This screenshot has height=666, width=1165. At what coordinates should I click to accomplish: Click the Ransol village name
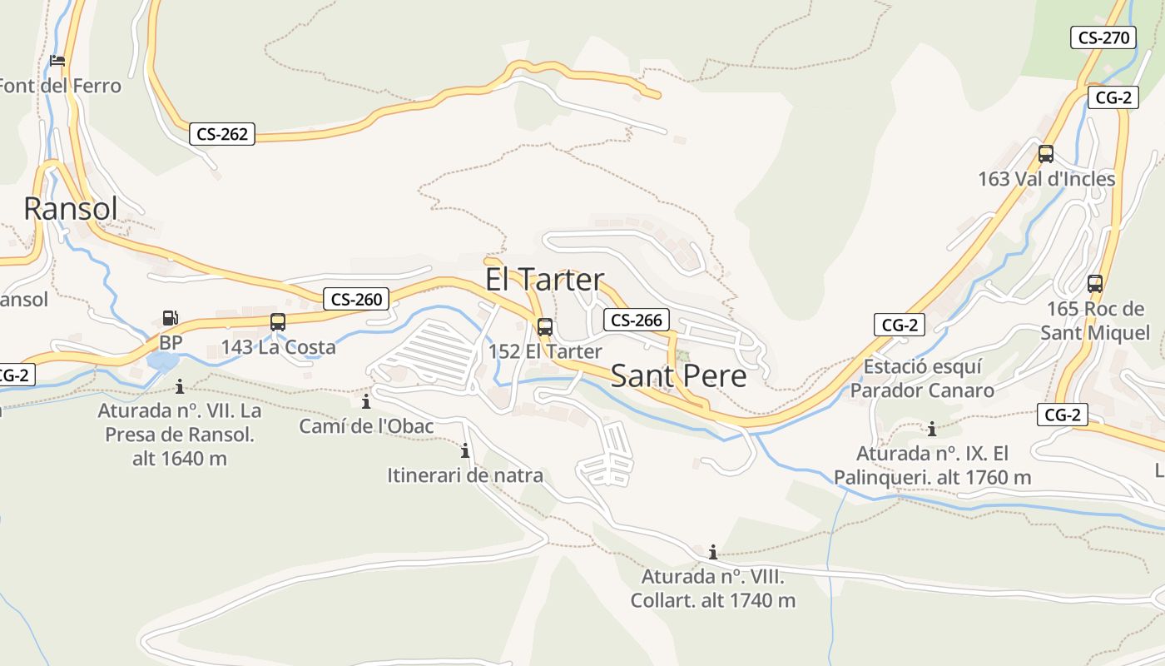pos(71,208)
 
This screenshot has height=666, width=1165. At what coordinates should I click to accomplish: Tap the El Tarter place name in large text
pos(544,280)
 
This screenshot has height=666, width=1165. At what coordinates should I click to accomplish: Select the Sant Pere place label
pos(678,376)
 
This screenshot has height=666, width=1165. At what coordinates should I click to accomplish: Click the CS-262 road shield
pos(222,134)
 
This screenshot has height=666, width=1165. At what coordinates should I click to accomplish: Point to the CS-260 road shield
pos(356,300)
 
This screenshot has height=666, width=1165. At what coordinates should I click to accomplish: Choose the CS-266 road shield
pos(637,321)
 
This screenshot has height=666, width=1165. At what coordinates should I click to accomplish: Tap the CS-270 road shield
pos(1103,37)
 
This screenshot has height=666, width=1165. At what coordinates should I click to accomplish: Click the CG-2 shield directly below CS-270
pos(1113,97)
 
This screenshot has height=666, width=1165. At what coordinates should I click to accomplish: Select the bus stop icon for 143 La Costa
pos(278,322)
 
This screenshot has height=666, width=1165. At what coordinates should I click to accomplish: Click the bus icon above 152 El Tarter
pos(545,327)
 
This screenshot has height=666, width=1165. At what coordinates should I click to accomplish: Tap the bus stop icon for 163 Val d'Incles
pos(1046,154)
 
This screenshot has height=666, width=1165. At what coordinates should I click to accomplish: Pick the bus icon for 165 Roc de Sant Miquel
pos(1095,284)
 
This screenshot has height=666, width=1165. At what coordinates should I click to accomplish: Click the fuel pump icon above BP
pos(170,318)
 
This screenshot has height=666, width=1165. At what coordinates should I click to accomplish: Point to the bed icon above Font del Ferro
pos(57,61)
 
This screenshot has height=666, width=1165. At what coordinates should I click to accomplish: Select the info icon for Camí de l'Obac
pos(366,402)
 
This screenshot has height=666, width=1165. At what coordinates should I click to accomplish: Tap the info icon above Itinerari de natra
pos(464,451)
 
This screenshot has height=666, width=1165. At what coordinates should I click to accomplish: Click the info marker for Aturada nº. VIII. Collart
pos(712,552)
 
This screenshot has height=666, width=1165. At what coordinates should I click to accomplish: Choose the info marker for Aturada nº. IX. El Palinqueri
pos(932,430)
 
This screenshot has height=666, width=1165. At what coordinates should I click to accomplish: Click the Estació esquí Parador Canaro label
pos(922,379)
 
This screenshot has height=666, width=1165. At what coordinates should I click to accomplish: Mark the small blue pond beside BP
pos(163,361)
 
